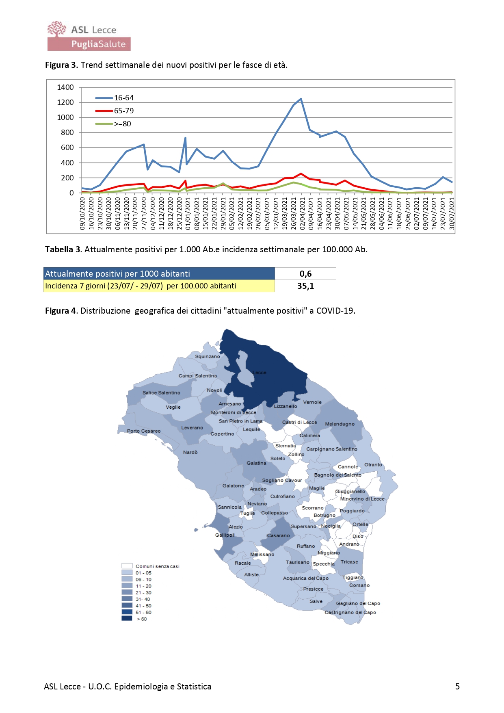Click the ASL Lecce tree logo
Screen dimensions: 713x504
[x=56, y=29]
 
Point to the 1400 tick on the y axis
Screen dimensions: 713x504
[x=65, y=87]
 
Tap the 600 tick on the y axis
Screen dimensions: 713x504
[x=67, y=147]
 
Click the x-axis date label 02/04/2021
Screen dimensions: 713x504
[x=302, y=214]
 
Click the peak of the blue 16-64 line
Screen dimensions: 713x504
[x=301, y=99]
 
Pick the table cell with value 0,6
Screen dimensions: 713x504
[x=305, y=274]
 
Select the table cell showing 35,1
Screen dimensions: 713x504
[x=305, y=286]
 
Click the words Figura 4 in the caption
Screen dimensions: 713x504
[x=61, y=311]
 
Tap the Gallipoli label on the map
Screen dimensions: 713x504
[x=225, y=535]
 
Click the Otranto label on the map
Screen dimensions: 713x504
[x=373, y=465]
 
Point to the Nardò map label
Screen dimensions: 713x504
[x=190, y=452]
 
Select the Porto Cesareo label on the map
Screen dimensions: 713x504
[x=144, y=431]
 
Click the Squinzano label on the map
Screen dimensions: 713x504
[x=207, y=356]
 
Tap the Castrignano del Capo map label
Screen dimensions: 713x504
[x=350, y=612]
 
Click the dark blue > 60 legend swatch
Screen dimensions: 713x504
[x=127, y=618]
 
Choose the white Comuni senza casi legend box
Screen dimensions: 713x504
[x=127, y=566]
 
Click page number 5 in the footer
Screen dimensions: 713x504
[x=457, y=687]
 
